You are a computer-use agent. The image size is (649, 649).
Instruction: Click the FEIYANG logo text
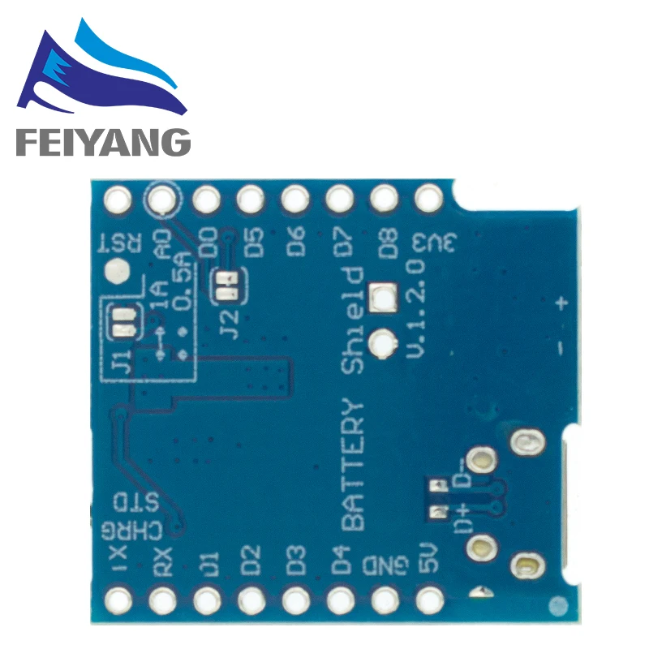pyautogui.click(x=102, y=143)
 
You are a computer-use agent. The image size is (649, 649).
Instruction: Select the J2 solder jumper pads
pyautogui.click(x=225, y=284)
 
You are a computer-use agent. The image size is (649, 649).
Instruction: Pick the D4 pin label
pyautogui.click(x=341, y=562)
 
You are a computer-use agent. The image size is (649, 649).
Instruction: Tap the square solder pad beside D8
pyautogui.click(x=380, y=298)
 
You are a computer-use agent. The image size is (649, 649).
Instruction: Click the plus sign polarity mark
pyautogui.click(x=560, y=304)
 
